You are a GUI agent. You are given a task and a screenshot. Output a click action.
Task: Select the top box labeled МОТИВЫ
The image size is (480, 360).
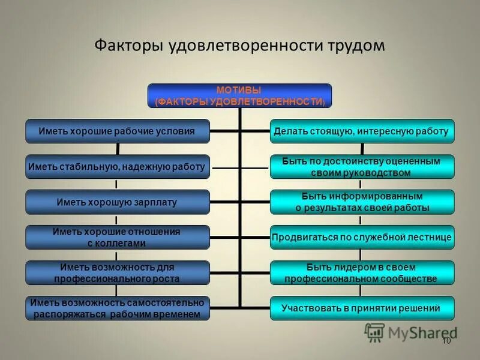tap(239, 95)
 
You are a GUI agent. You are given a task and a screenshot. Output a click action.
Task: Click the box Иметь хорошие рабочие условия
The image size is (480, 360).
tap(117, 131)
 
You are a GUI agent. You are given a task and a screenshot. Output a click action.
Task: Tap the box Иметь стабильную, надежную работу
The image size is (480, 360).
tap(117, 166)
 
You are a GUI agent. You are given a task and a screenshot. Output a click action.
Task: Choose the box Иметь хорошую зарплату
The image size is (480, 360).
tap(117, 202)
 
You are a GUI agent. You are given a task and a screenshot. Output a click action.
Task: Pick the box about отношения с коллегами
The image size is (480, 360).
tap(117, 237)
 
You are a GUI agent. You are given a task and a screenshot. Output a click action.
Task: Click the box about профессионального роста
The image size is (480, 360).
tap(117, 273)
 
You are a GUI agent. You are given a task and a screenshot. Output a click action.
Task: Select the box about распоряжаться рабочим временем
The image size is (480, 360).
tap(117, 308)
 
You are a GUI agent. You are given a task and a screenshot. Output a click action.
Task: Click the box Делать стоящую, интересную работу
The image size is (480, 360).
tap(361, 131)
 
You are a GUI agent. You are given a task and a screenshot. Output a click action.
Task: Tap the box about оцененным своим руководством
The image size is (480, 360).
tap(361, 167)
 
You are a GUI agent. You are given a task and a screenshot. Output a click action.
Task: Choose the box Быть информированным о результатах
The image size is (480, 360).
tap(361, 202)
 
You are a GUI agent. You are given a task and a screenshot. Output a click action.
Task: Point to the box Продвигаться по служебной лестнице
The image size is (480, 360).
tap(361, 237)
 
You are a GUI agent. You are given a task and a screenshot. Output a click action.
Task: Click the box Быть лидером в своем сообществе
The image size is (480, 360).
tap(361, 273)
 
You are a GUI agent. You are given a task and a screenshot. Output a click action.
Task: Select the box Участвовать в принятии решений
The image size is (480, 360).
tap(361, 308)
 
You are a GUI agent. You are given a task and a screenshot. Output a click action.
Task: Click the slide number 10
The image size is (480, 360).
tap(446, 341)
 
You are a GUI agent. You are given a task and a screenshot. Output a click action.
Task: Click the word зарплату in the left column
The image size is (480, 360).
tap(155, 202)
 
